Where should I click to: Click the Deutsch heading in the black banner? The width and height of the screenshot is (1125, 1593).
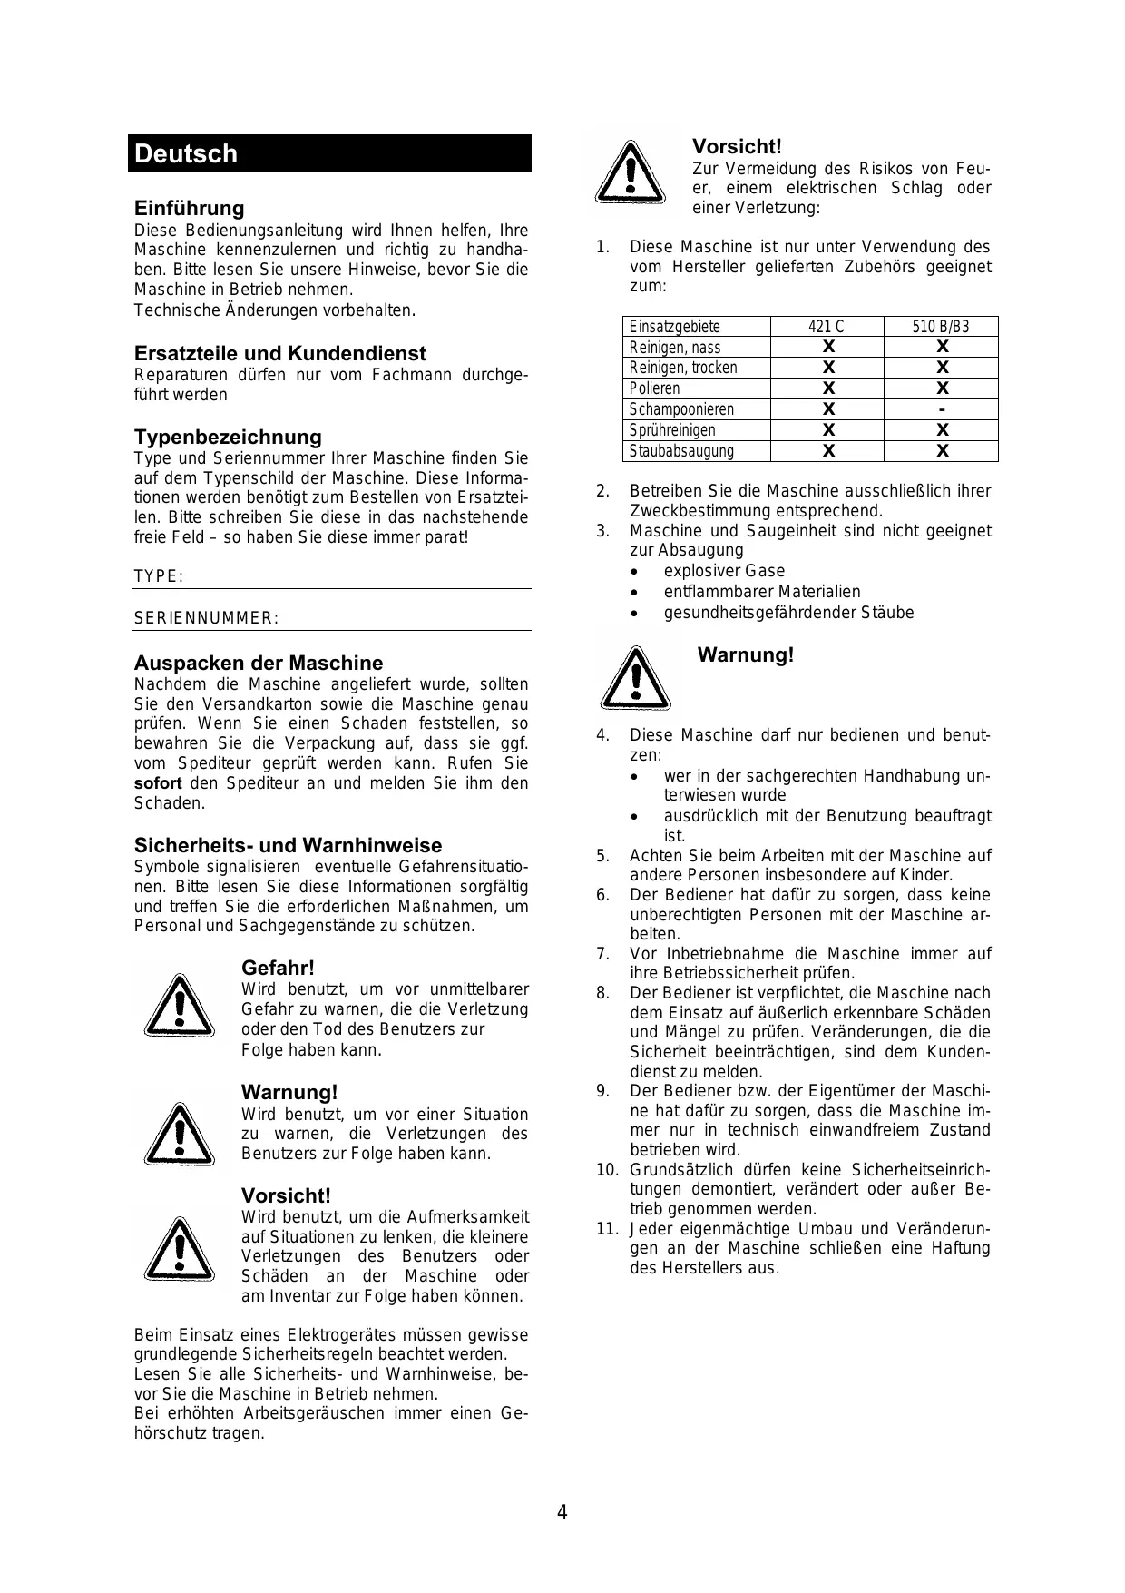pos(186,153)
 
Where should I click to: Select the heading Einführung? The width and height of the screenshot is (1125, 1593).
pos(189,209)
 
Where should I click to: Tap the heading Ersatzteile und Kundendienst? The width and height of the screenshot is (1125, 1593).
pos(279,353)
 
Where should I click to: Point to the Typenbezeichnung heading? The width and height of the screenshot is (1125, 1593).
pos(228,437)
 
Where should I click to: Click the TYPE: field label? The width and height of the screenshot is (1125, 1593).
pos(159,577)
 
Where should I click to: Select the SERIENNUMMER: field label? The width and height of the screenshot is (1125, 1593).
pos(206,619)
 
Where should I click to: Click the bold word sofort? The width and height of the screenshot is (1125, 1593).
pos(158,783)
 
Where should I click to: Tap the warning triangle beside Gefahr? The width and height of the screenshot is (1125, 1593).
pos(179,1008)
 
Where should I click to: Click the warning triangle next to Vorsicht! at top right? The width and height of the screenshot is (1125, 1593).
pos(630,173)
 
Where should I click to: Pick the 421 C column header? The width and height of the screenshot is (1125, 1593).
pos(827,327)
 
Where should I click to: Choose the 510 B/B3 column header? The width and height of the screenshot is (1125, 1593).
pos(940,327)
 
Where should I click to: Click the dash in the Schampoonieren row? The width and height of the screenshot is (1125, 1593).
pos(942,409)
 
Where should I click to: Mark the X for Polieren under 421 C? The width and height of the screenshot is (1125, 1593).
pos(827,388)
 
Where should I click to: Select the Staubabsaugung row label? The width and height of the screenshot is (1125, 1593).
pos(681,451)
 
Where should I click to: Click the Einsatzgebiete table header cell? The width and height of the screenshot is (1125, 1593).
pos(674,327)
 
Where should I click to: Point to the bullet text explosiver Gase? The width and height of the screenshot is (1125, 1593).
pos(724,571)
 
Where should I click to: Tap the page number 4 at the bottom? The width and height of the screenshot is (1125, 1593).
pos(562,1513)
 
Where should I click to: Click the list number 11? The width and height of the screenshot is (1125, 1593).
pos(606,1229)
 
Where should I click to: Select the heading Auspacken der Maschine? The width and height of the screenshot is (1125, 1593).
pos(259,663)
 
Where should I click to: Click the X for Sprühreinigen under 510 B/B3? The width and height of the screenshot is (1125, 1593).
pos(942,430)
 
